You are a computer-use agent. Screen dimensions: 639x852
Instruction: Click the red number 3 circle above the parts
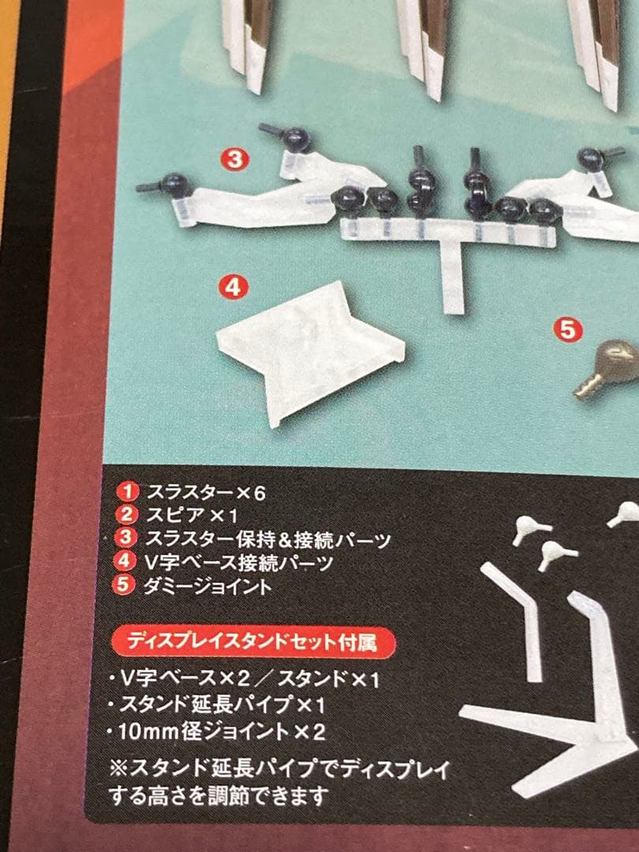click(x=235, y=159)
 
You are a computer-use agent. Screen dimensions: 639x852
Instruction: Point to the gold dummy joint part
click(x=608, y=369)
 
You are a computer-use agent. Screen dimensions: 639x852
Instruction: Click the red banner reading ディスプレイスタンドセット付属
click(x=253, y=642)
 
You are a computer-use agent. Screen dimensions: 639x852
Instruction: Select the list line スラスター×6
click(x=206, y=493)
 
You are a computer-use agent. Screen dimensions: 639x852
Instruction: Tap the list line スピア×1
click(x=192, y=515)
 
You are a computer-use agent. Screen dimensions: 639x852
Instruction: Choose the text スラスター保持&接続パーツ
click(x=268, y=540)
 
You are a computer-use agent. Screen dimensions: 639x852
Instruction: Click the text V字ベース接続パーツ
click(x=239, y=562)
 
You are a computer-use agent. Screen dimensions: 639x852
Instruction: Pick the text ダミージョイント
click(x=207, y=585)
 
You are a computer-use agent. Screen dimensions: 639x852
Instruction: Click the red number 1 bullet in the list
click(x=129, y=491)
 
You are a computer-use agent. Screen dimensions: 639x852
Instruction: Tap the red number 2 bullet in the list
click(x=127, y=514)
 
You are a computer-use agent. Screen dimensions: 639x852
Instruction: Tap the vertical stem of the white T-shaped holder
click(x=452, y=277)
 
